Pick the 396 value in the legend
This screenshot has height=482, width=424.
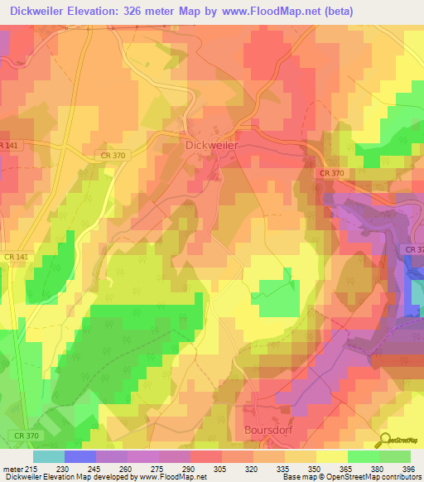405,468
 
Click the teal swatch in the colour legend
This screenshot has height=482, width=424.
49,456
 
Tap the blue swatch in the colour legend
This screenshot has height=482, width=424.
80,456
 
